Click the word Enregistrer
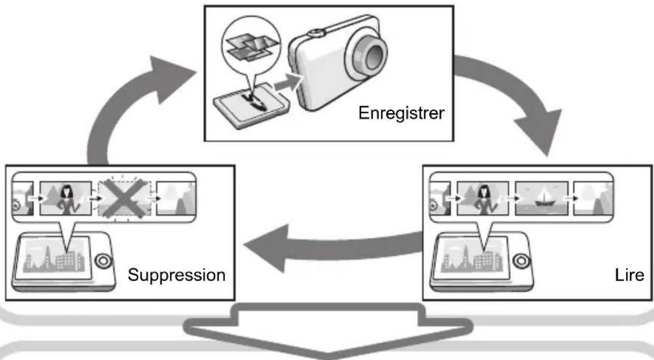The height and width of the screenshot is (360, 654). [x=401, y=113]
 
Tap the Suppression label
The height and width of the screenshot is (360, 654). [x=177, y=275]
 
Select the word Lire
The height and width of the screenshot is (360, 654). [x=630, y=275]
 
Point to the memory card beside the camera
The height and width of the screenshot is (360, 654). [x=251, y=105]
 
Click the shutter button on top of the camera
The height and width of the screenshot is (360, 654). [x=315, y=33]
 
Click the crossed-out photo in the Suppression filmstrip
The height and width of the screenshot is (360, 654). [x=124, y=198]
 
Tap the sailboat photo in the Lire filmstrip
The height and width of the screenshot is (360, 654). [x=541, y=198]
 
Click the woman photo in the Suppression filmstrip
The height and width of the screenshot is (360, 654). [x=66, y=198]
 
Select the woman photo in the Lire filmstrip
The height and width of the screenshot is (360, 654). [x=483, y=198]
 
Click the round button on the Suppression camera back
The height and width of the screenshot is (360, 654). [x=103, y=261]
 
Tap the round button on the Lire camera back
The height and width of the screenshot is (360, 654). [x=521, y=261]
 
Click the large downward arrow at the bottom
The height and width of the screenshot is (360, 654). [x=328, y=329]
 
